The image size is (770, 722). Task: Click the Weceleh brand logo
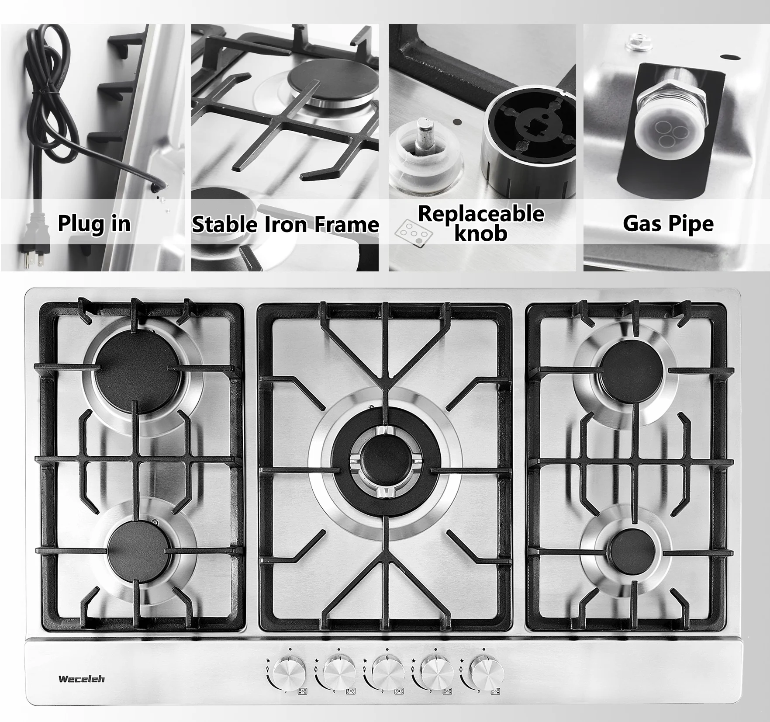click(x=82, y=679)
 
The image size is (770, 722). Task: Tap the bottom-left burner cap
click(x=138, y=551)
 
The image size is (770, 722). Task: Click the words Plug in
click(x=94, y=224)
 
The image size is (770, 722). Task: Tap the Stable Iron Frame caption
click(x=285, y=225)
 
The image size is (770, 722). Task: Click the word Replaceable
click(x=481, y=214)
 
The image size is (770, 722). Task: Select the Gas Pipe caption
click(x=668, y=224)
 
